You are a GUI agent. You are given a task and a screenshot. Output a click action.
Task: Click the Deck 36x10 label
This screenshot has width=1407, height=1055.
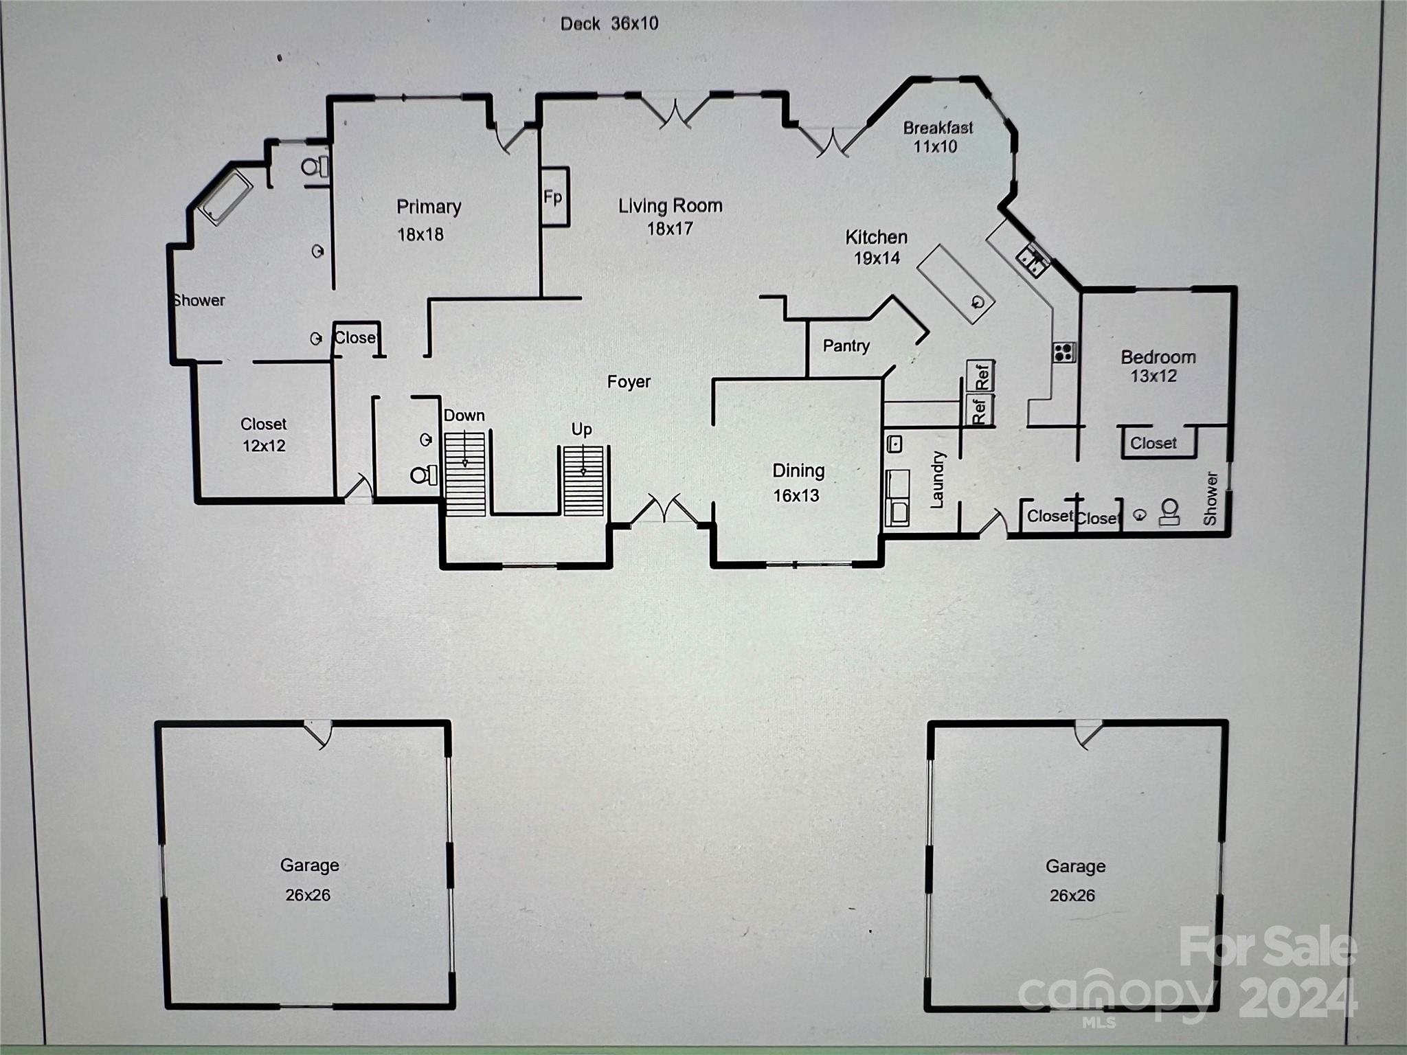pos(609,24)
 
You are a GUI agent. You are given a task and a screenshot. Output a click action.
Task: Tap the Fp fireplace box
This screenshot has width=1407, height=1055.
pos(554,197)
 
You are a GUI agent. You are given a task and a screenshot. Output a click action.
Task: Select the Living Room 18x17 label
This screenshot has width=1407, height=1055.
pos(670,216)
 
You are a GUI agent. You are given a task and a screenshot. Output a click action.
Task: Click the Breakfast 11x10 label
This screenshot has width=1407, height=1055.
pos(937,137)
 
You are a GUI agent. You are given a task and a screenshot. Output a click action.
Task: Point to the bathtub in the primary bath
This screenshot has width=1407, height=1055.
pos(225,197)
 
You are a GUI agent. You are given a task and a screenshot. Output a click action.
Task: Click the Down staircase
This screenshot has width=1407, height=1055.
pos(465,473)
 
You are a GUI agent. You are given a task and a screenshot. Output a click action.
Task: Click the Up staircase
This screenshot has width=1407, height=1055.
pos(583,480)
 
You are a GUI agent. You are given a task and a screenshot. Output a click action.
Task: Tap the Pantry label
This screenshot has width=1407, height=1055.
pos(846,346)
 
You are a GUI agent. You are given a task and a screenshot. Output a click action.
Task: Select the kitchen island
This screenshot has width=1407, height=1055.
pos(956,284)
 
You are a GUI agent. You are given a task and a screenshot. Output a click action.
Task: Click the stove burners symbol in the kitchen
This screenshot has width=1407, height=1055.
pos(1063,352)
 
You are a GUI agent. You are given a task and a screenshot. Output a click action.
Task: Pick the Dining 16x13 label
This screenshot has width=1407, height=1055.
pos(797,483)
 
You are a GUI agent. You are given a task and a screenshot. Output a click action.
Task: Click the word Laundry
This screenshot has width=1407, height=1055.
pos(938,479)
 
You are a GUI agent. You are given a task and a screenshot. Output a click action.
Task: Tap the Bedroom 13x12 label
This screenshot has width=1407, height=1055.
pos(1157,366)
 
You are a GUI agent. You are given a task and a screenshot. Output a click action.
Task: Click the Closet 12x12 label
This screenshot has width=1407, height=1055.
pos(263,435)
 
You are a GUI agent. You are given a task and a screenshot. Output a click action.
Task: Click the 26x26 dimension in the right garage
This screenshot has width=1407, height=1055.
pos(1072,895)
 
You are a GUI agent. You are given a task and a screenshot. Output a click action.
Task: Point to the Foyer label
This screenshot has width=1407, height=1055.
pos(629,382)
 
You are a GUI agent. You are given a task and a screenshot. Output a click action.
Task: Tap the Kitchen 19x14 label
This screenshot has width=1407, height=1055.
pos(876,247)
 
